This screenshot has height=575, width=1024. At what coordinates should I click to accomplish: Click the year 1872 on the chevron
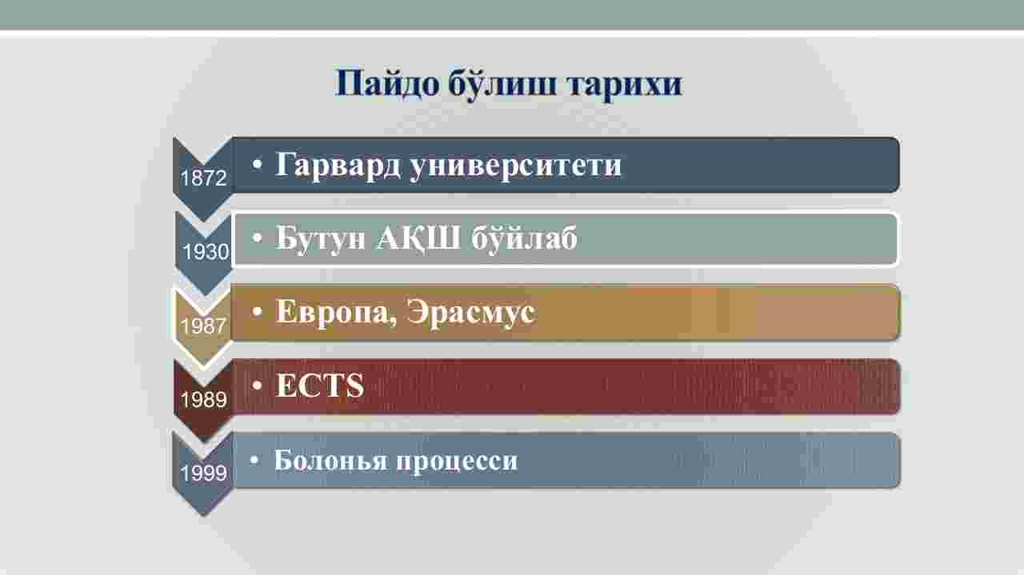coord(203,178)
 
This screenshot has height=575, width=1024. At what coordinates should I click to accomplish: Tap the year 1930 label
coord(206,252)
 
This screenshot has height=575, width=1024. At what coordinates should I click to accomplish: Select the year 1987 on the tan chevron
coord(203,326)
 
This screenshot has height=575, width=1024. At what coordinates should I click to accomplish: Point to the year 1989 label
coord(203,400)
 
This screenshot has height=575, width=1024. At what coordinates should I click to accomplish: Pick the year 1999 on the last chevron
coord(203,473)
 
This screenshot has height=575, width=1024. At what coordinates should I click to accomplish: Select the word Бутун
coord(321,238)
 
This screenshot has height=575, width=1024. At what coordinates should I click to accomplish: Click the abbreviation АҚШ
coord(418,238)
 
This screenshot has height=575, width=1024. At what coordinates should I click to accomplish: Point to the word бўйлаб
coord(524,238)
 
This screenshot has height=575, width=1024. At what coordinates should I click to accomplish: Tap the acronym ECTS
coord(319,385)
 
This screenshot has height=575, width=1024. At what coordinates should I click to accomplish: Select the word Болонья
coord(331,460)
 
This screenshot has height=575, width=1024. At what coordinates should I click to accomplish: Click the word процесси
coord(457,461)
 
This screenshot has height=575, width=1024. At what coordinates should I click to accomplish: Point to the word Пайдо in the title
coord(386,84)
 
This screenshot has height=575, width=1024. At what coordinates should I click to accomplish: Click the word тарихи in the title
coord(625,85)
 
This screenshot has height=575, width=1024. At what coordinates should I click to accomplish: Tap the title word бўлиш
coord(502,83)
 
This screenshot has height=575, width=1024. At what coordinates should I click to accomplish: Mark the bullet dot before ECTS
coord(257,385)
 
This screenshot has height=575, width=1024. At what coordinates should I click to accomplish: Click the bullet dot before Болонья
coord(255,460)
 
